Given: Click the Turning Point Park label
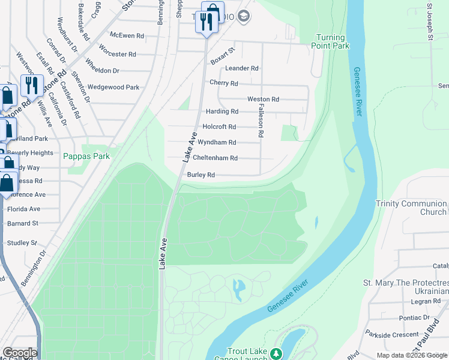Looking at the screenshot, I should pos(332,41).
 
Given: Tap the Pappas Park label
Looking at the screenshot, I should pos(86,156).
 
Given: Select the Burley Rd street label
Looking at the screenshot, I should pos(201,175).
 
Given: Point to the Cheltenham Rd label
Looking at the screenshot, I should pos(215,158).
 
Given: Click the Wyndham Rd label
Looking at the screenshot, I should pos(217,143).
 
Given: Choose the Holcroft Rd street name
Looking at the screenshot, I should pos(219,127).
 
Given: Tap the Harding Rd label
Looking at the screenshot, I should pos(222,112).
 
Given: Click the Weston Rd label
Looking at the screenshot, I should pos(263,99).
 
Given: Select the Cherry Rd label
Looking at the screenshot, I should pos(224,83).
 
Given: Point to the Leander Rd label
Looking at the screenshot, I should pos(242,68).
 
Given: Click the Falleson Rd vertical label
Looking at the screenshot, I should pos(261,117).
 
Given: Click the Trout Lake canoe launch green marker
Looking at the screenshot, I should pos(276,352).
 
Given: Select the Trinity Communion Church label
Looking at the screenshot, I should pos(411,208).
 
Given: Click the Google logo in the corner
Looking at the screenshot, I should pos(19,353).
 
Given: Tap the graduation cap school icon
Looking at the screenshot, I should pos(243,16).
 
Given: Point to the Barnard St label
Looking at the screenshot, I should pos(23,223).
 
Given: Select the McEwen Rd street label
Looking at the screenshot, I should pos(127,36).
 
